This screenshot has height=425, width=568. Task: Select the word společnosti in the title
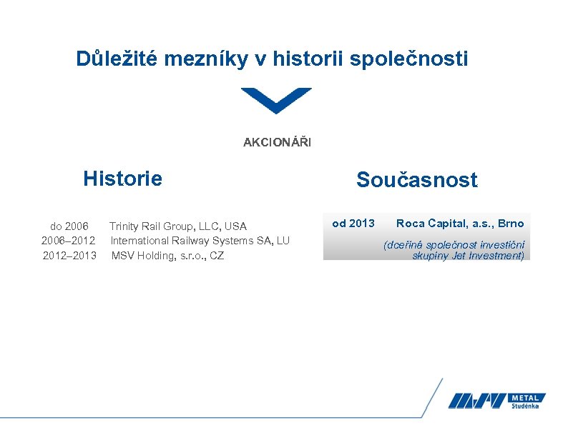tap(409, 59)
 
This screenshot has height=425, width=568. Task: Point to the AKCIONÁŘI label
tap(277, 143)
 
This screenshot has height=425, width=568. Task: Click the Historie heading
tap(122, 178)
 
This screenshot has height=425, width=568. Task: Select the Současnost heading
tap(416, 180)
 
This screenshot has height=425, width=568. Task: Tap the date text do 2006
tap(69, 226)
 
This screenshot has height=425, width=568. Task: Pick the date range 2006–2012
tap(69, 241)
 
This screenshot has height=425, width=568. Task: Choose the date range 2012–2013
tap(69, 256)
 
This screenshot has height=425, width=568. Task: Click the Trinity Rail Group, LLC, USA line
tap(178, 226)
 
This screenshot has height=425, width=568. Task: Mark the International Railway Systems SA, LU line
tap(200, 241)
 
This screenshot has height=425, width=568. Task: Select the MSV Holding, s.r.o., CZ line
tap(167, 256)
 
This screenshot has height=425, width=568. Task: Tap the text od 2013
tap(353, 224)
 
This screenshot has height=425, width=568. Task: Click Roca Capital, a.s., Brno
tap(460, 224)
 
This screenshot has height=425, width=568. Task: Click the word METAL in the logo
tap(528, 397)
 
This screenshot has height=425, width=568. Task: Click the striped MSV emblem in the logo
tap(478, 401)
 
